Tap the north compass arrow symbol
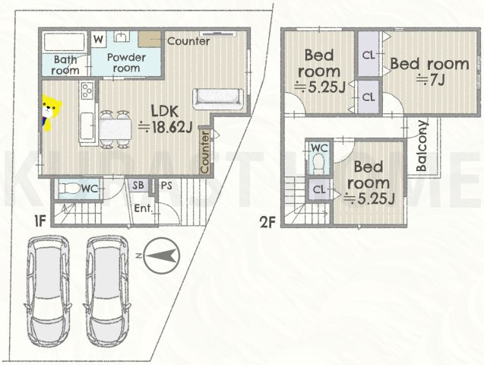pos(161,255)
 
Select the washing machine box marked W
pos(98,40)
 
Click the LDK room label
pos(165,111)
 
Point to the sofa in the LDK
pos(218,99)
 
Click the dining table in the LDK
pos(115,129)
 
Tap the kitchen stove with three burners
pos(87,90)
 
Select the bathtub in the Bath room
pos(64,42)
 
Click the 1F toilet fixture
pos(68,188)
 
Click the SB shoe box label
pos(138,185)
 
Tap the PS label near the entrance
pos(166,186)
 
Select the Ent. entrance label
pos(144,208)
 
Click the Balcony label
pos(422,146)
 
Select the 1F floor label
pos(40,221)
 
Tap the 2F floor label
pos(267,222)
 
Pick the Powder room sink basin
pos(122,36)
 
